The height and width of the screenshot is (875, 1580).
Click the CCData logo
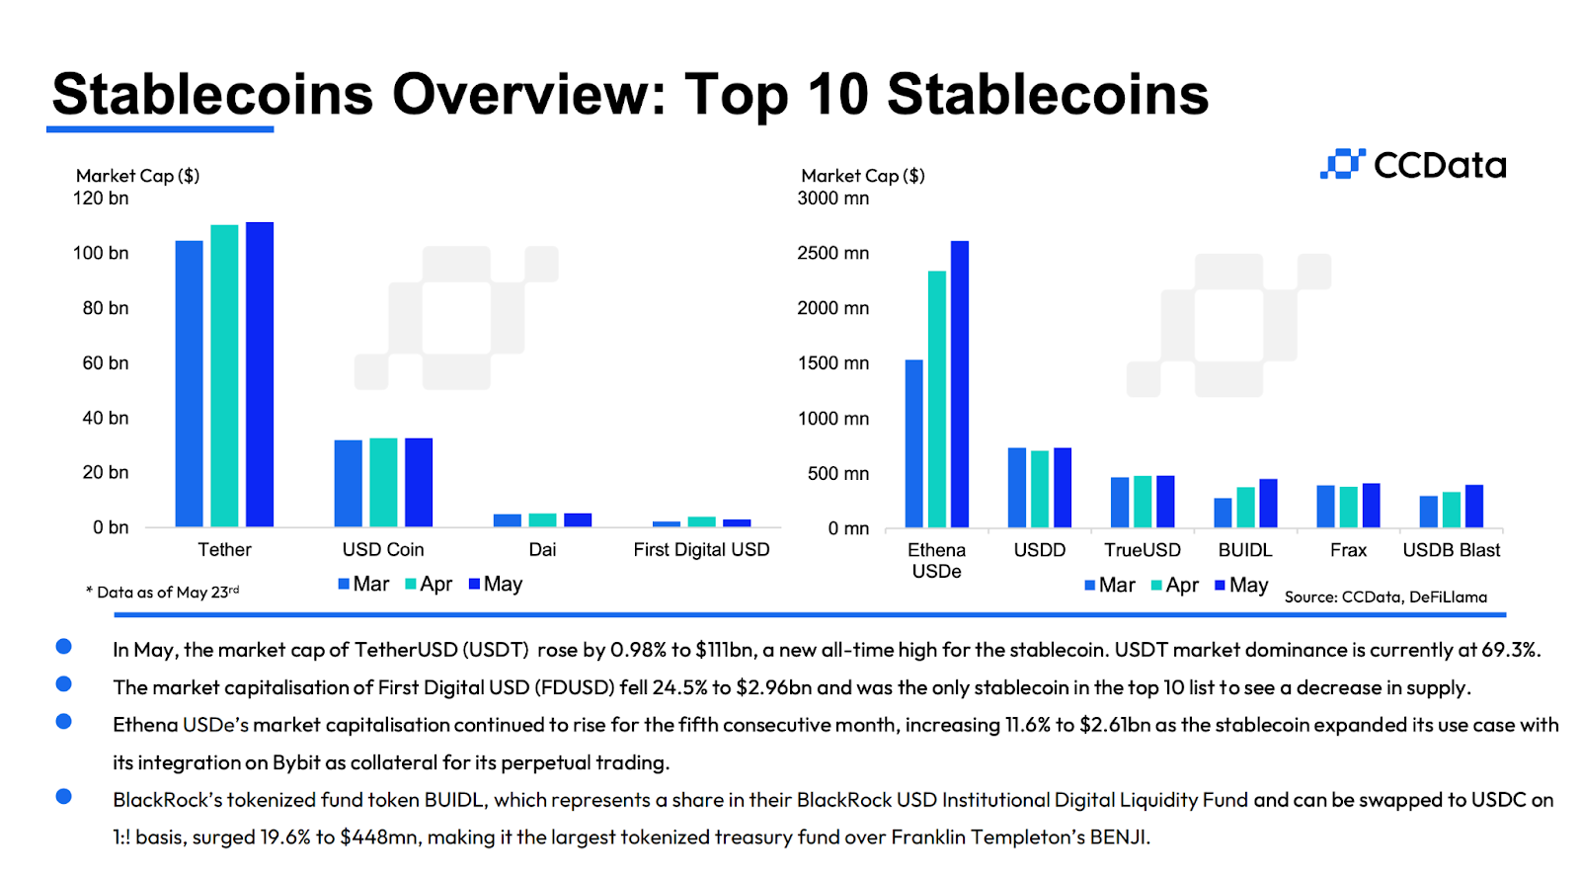[x=1412, y=165]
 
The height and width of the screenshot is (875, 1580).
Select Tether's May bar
[x=260, y=375]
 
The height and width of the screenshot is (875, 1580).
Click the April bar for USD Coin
[x=383, y=482]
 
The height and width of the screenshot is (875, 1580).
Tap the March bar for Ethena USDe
[x=914, y=443]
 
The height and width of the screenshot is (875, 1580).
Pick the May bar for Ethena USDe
[x=960, y=384]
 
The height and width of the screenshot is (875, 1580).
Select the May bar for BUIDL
[x=1268, y=503]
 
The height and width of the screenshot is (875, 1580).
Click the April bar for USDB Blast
[x=1451, y=510]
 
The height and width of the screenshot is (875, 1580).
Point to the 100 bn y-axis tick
[x=101, y=253]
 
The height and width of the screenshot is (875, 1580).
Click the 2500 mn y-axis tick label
[x=833, y=253]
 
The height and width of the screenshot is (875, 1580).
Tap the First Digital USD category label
[x=701, y=550]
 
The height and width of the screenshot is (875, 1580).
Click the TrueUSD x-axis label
[x=1143, y=550]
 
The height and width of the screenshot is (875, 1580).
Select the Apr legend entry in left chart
[x=429, y=585]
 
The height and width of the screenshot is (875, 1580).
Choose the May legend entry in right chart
[x=1241, y=586]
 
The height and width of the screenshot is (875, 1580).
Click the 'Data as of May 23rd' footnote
[x=164, y=593]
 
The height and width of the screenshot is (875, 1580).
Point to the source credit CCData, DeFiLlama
[x=1385, y=597]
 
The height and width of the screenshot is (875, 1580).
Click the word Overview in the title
[x=528, y=95]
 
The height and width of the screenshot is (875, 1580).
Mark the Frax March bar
[x=1325, y=507]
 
